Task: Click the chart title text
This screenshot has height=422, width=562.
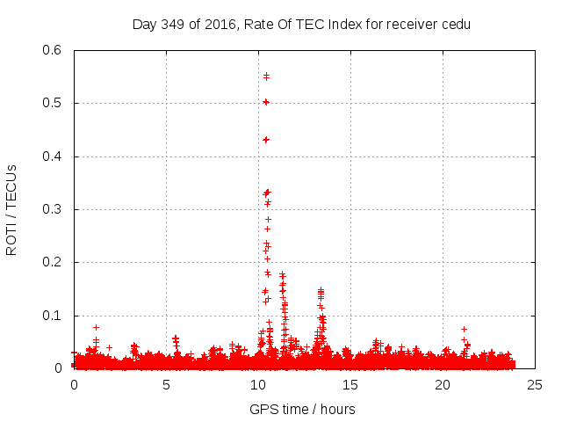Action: (301, 24)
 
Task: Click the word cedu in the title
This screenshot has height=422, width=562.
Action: (456, 24)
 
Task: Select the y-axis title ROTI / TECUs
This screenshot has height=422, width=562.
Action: (11, 209)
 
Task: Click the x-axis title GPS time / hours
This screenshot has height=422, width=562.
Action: (301, 409)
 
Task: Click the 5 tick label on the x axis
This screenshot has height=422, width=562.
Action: (166, 384)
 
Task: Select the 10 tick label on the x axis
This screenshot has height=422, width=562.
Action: (258, 384)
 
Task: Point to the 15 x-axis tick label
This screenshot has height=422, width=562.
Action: (350, 384)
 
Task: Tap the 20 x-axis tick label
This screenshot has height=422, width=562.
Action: (443, 384)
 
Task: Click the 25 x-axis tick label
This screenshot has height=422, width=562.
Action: (535, 384)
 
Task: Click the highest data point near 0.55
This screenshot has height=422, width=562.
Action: (266, 76)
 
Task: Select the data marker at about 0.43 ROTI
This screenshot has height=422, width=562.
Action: (266, 140)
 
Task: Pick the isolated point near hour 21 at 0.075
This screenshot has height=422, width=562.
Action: (464, 329)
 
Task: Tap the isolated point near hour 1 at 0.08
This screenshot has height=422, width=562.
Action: (96, 327)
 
